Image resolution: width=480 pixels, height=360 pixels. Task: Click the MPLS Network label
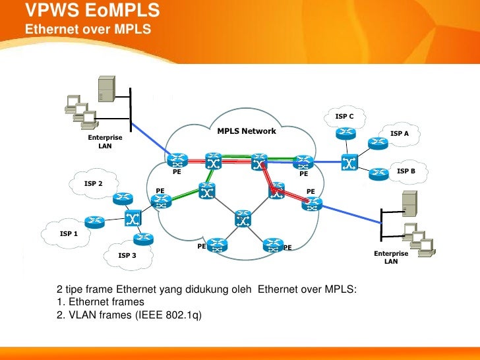[247, 131]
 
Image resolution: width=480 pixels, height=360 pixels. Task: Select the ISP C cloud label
[344, 117]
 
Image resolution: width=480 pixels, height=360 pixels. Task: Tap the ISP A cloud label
[400, 134]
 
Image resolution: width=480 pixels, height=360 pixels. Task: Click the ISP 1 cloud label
[69, 233]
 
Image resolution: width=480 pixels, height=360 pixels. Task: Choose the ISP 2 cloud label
[94, 183]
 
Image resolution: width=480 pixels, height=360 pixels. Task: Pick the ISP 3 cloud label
[127, 255]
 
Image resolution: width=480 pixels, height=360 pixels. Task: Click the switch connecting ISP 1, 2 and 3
[133, 218]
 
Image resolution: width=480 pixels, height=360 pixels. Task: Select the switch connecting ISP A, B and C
[348, 162]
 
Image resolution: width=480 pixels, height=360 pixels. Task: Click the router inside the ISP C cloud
[345, 133]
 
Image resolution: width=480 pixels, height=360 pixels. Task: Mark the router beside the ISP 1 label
[96, 222]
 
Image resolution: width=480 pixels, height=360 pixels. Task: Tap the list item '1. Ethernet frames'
[100, 302]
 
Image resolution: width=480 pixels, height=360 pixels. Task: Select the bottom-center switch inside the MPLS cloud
[243, 219]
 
